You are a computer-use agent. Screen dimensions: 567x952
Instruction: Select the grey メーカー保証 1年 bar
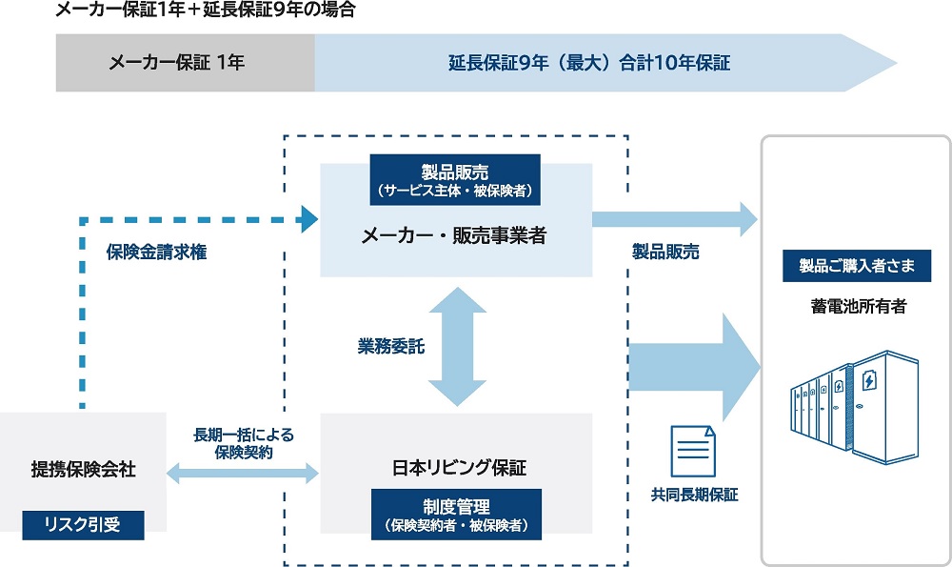185,64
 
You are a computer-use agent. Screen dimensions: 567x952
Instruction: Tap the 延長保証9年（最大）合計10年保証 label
589,64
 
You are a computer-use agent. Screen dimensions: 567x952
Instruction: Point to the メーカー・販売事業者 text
455,235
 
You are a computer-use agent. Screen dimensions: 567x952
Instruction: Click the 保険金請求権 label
156,253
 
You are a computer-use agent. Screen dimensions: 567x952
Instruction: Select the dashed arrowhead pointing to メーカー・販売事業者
307,220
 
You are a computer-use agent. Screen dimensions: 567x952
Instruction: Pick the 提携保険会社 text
83,469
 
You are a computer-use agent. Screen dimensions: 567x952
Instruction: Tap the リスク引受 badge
83,523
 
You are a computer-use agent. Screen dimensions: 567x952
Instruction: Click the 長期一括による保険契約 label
244,443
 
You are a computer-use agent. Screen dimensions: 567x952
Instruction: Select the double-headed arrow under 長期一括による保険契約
244,471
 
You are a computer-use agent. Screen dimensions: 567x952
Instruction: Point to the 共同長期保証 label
694,495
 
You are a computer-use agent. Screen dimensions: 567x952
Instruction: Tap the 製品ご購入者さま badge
856,266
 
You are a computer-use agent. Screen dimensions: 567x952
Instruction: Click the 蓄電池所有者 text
856,306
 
